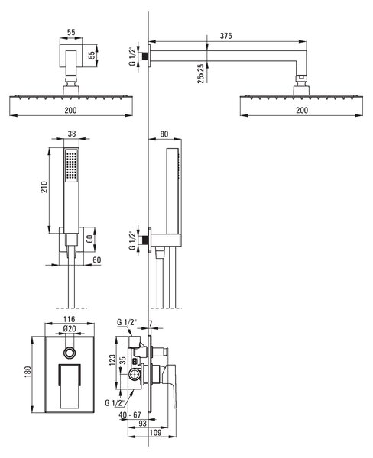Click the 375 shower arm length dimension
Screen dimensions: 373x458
pyautogui.click(x=225, y=36)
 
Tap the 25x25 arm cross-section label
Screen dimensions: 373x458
pyautogui.click(x=201, y=73)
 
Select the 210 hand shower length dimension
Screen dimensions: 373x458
pyautogui.click(x=44, y=187)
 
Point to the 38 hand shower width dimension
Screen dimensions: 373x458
pyautogui.click(x=71, y=134)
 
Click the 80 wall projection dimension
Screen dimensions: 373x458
pyautogui.click(x=164, y=134)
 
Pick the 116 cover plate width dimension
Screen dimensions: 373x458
pyautogui.click(x=70, y=319)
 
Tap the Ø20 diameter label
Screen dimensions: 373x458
pyautogui.click(x=70, y=328)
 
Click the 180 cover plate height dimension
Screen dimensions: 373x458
pyautogui.click(x=28, y=372)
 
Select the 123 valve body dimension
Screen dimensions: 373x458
pyautogui.click(x=112, y=361)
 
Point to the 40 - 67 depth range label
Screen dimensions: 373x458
pyautogui.click(x=130, y=414)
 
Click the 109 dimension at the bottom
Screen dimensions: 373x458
pyautogui.click(x=155, y=432)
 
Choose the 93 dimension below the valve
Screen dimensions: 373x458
pyautogui.click(x=142, y=424)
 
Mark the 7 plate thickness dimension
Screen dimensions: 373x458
pyautogui.click(x=151, y=324)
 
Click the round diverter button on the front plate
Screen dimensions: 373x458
pyautogui.click(x=70, y=353)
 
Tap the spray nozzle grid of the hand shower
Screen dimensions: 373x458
pyautogui.click(x=71, y=166)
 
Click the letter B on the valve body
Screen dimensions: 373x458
pyautogui.click(x=135, y=361)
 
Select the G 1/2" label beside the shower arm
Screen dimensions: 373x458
pyautogui.click(x=133, y=56)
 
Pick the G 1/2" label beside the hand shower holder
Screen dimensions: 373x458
pyautogui.click(x=133, y=240)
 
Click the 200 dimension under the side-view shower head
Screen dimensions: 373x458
pyautogui.click(x=302, y=110)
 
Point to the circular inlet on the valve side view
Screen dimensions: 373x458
pyautogui.click(x=135, y=374)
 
